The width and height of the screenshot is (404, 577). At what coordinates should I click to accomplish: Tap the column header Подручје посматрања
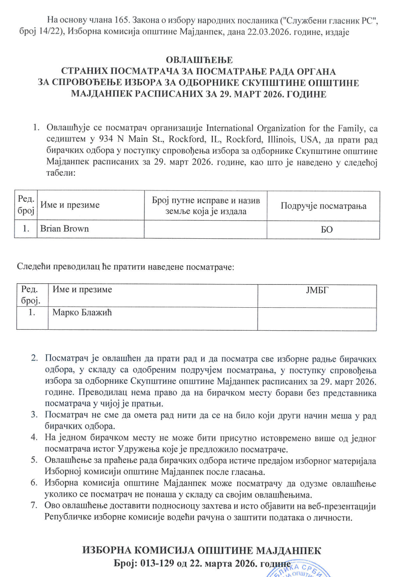[323, 206]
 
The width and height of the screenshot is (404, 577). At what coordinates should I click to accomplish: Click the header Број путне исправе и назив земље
[205, 206]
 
